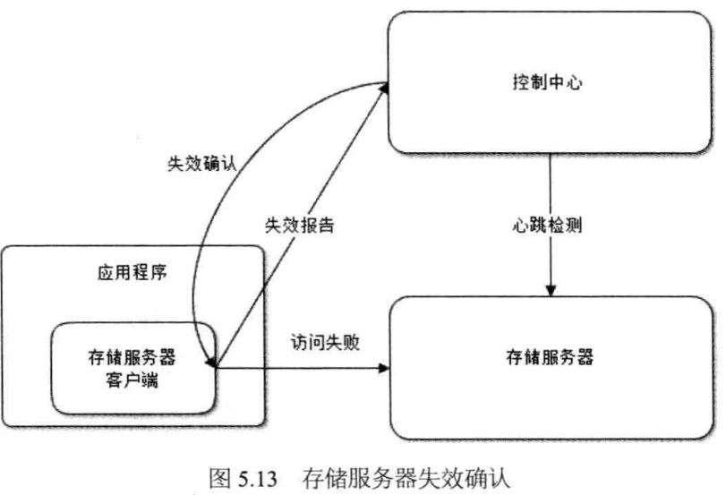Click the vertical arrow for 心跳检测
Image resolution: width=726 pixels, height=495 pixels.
tap(552, 260)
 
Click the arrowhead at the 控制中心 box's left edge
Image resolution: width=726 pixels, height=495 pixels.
tap(383, 87)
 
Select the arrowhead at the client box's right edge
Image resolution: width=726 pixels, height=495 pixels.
tap(215, 364)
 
